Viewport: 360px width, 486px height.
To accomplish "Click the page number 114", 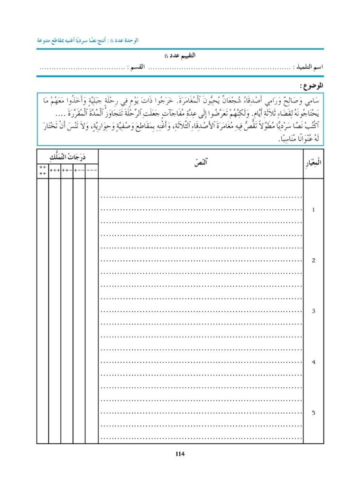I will click(180, 454).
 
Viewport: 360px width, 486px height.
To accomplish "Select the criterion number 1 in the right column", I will click(313, 209).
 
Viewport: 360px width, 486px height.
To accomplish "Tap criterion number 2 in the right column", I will click(313, 260).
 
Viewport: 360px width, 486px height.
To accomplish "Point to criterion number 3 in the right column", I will click(313, 311).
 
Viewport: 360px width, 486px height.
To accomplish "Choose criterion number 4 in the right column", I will click(313, 362).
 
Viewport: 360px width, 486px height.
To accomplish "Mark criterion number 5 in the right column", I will click(313, 412).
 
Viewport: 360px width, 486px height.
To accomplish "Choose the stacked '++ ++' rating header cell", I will click(42, 170).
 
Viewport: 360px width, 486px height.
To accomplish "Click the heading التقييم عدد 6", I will click(180, 56).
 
